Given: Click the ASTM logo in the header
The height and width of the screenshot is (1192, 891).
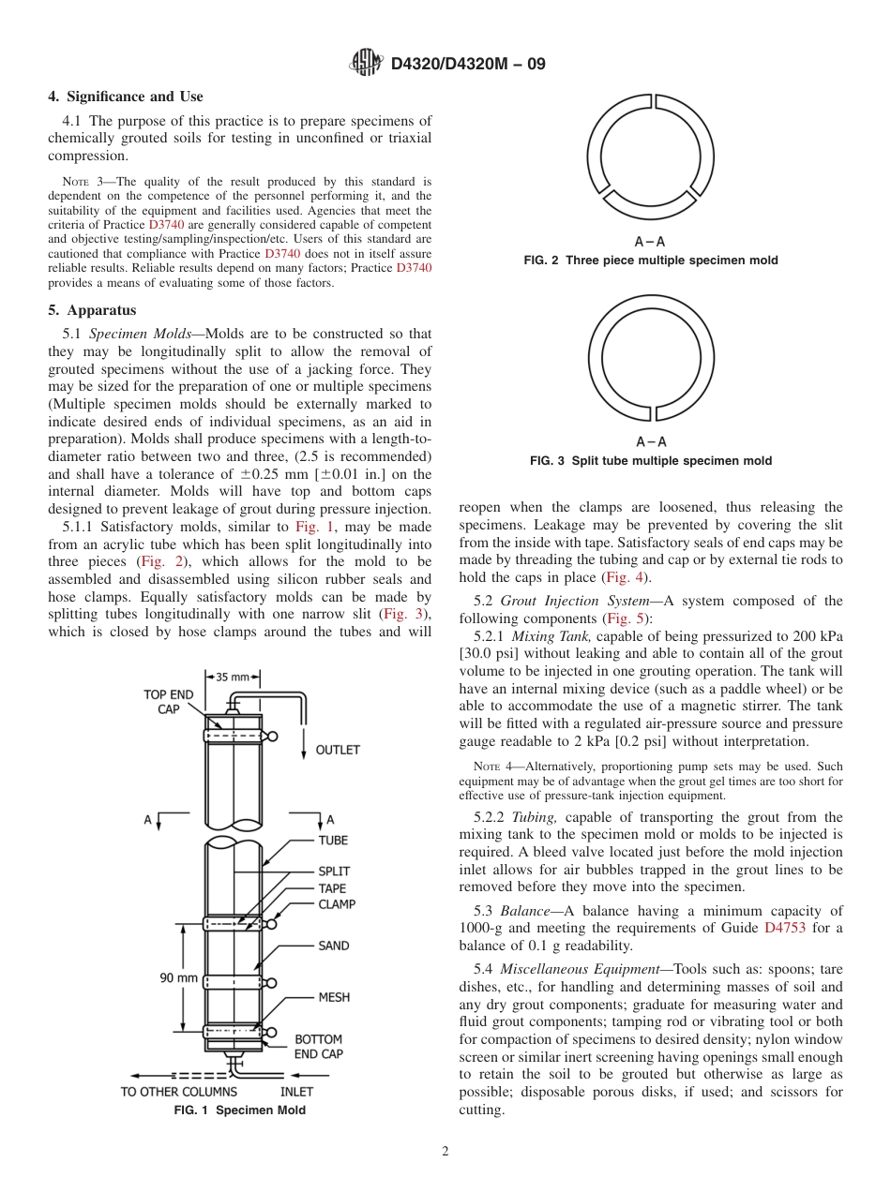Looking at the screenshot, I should [x=366, y=64].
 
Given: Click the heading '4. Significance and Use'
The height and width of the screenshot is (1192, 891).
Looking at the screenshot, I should [x=126, y=97].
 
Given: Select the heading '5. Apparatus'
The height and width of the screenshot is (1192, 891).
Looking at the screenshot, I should [x=92, y=310].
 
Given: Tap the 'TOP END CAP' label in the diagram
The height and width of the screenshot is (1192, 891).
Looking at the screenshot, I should [x=168, y=702].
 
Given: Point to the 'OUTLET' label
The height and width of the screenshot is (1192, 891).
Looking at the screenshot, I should [x=337, y=750].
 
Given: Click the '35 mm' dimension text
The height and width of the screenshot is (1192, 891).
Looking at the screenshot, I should [x=234, y=677].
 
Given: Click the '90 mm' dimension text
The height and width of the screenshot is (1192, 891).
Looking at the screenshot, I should [x=178, y=978].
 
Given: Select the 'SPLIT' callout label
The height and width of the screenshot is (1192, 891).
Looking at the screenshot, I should [x=334, y=871].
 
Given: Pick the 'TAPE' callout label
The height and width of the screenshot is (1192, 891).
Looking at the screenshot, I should [x=332, y=888].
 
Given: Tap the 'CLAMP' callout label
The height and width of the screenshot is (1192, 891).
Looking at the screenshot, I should [x=337, y=905].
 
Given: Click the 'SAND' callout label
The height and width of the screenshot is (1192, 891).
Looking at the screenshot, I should [x=333, y=946].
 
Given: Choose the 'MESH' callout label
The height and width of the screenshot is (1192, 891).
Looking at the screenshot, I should [x=334, y=997].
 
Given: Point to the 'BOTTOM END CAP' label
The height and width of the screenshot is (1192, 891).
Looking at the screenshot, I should [x=318, y=1047].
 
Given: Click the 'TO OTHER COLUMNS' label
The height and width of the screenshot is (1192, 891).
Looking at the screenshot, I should [x=178, y=1092].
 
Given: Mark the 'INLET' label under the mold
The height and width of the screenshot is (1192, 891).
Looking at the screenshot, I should [x=296, y=1092].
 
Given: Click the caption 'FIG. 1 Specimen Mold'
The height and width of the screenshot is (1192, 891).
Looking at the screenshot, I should [x=240, y=1110].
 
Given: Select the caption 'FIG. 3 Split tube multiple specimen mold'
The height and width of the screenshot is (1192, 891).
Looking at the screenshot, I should [x=651, y=461].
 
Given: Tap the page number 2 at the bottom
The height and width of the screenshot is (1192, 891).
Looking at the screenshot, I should [x=445, y=1152].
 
